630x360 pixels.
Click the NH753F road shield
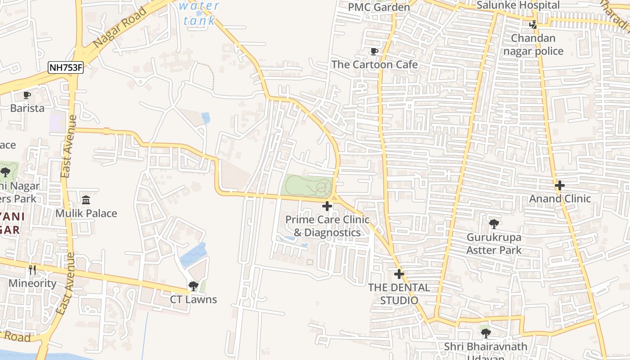(66, 68)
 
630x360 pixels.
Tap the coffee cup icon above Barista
(27, 95)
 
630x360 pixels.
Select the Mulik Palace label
(86, 213)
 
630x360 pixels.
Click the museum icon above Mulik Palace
(86, 199)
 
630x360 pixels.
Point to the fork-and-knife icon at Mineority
(32, 270)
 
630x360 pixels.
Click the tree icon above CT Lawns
(193, 286)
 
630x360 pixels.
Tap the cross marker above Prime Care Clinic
(327, 207)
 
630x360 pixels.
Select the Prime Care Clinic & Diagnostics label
(327, 226)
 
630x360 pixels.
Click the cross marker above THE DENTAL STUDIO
(399, 274)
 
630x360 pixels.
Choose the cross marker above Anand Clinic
(559, 185)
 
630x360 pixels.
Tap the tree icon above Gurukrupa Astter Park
(494, 224)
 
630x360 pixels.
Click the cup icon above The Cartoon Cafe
(374, 51)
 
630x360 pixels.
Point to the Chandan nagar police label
(533, 45)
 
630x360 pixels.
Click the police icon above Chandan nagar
(533, 25)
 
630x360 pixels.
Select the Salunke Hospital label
(517, 5)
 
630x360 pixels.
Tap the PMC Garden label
(379, 7)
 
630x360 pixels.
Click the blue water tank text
(199, 13)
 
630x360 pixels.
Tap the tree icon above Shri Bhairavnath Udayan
(486, 333)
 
